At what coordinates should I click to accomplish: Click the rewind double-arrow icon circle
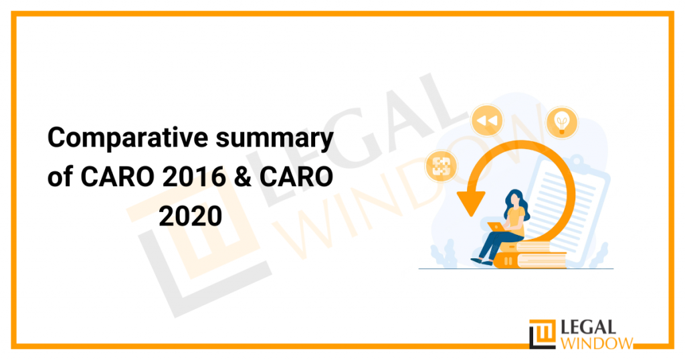[486, 121]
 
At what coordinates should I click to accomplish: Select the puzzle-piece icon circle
[441, 165]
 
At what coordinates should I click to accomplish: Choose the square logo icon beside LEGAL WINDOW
[543, 334]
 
